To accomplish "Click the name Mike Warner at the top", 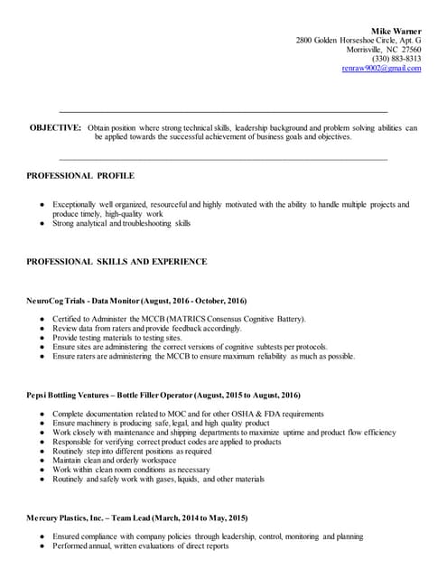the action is (396, 31).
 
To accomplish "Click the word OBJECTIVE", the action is (55, 128).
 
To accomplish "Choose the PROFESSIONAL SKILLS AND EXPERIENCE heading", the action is (116, 262).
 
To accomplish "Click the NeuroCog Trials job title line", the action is (136, 300).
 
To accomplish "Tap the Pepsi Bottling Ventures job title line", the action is (156, 395).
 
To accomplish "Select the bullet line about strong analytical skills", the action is (122, 223).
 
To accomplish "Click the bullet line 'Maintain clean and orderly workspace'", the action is (116, 461).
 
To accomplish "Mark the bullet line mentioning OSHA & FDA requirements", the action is (188, 414).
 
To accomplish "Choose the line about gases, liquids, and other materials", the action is (158, 479).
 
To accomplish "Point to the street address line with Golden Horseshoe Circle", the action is (359, 41).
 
